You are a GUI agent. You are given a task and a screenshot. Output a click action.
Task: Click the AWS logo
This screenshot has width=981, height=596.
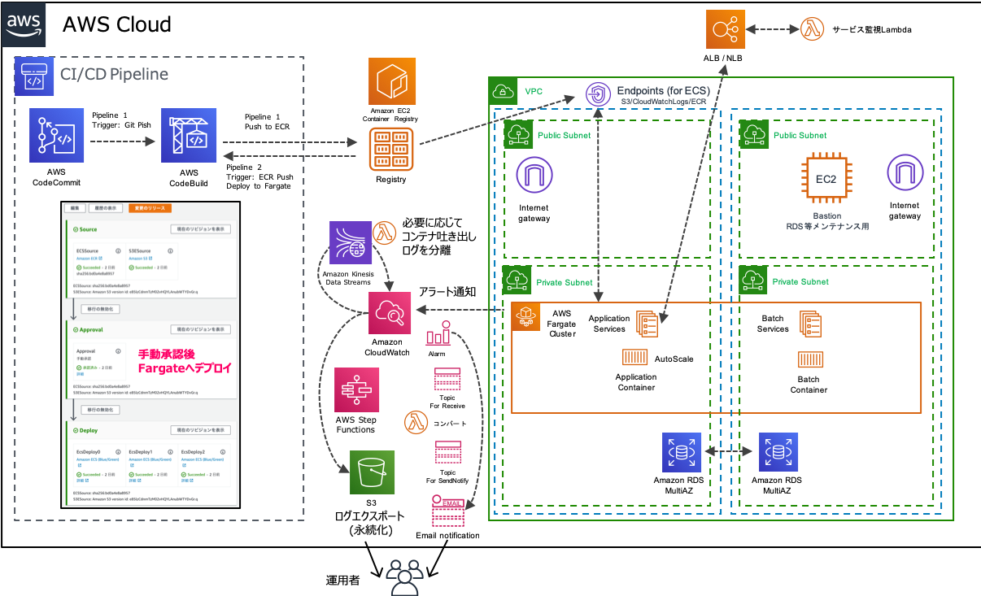pyautogui.click(x=24, y=24)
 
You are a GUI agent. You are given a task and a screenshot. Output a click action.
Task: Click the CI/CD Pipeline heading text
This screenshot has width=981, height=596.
pyautogui.click(x=114, y=75)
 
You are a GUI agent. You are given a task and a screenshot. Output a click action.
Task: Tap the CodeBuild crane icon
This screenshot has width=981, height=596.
pyautogui.click(x=189, y=135)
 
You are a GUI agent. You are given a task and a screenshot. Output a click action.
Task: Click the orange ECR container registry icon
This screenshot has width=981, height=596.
pyautogui.click(x=392, y=148)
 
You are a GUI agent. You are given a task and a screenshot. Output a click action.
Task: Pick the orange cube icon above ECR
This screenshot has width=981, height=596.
pyautogui.click(x=392, y=81)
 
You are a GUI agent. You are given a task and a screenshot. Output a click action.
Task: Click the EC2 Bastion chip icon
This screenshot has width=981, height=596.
pyautogui.click(x=826, y=179)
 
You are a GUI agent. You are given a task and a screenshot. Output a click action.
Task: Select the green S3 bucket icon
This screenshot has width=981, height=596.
pyautogui.click(x=373, y=472)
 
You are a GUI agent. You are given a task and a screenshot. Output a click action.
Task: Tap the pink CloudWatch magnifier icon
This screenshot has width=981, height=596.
pyautogui.click(x=390, y=311)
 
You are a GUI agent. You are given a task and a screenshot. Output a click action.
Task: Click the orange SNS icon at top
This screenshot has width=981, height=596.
pyautogui.click(x=726, y=29)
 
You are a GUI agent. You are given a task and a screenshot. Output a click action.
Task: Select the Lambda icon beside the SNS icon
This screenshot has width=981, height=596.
pyautogui.click(x=813, y=28)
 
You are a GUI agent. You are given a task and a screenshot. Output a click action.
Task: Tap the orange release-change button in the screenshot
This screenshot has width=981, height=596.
pyautogui.click(x=150, y=208)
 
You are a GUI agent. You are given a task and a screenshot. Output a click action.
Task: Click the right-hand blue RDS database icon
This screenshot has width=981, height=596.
pyautogui.click(x=779, y=451)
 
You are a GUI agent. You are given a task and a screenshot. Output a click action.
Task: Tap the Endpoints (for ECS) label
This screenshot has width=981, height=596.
pyautogui.click(x=663, y=89)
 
